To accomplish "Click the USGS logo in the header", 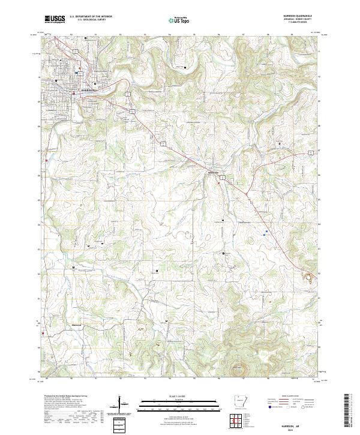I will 55,19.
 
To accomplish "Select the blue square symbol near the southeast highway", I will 266,228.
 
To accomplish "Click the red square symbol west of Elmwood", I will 44,326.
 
